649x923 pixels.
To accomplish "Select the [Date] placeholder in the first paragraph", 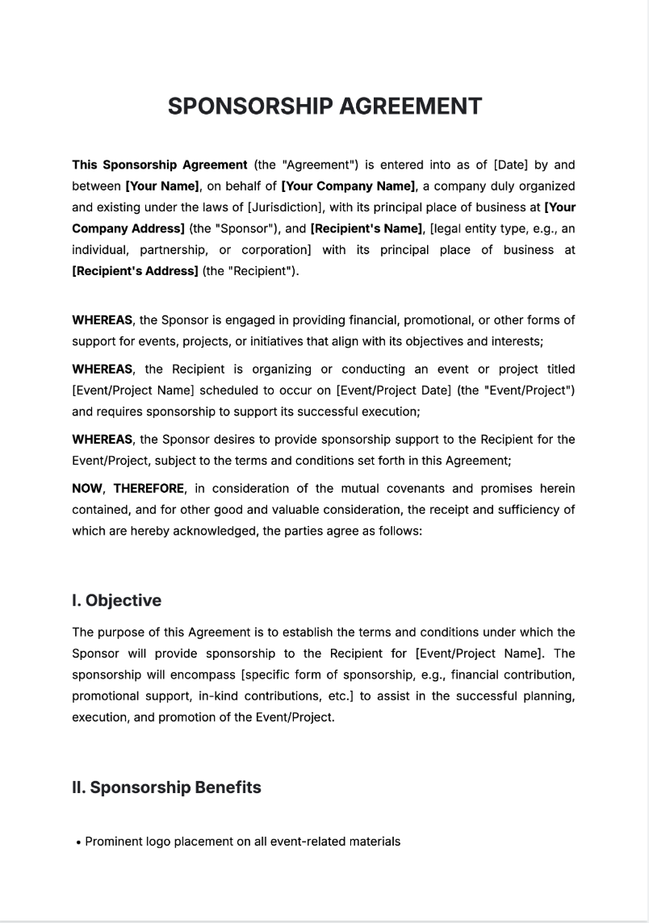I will [x=510, y=165].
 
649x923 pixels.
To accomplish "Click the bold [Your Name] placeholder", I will [x=162, y=186].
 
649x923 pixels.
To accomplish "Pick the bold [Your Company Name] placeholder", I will [x=348, y=186].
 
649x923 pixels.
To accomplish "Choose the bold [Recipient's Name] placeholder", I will [x=366, y=228].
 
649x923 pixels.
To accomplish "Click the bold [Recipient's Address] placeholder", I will [x=135, y=271].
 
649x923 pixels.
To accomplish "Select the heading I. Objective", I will [x=116, y=600].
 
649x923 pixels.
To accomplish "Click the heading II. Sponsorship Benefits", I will [x=166, y=787].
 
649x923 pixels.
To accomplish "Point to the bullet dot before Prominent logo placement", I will [x=78, y=842].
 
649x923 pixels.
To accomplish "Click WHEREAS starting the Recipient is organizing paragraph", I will [x=103, y=370].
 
